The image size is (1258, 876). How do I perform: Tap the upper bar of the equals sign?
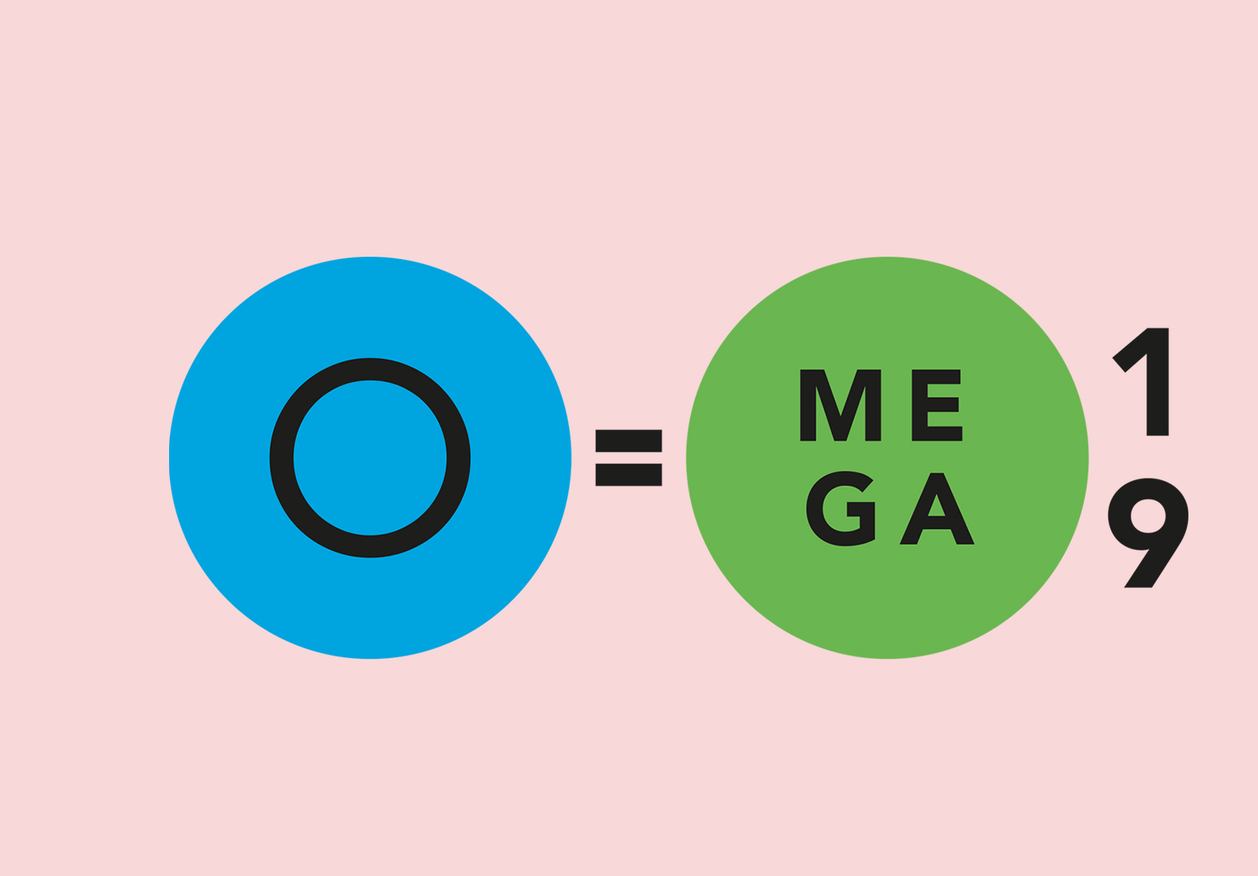(628, 441)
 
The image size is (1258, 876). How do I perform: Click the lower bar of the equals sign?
(628, 475)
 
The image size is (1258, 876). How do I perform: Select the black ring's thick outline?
(281, 458)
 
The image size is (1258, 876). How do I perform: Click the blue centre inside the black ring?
(370, 458)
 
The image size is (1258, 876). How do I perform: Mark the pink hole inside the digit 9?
(1148, 516)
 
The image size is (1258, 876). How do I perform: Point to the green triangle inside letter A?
(936, 508)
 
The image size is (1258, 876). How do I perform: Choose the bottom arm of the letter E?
(945, 434)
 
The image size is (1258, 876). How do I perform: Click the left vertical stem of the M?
(808, 405)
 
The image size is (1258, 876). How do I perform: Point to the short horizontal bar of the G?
(861, 508)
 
